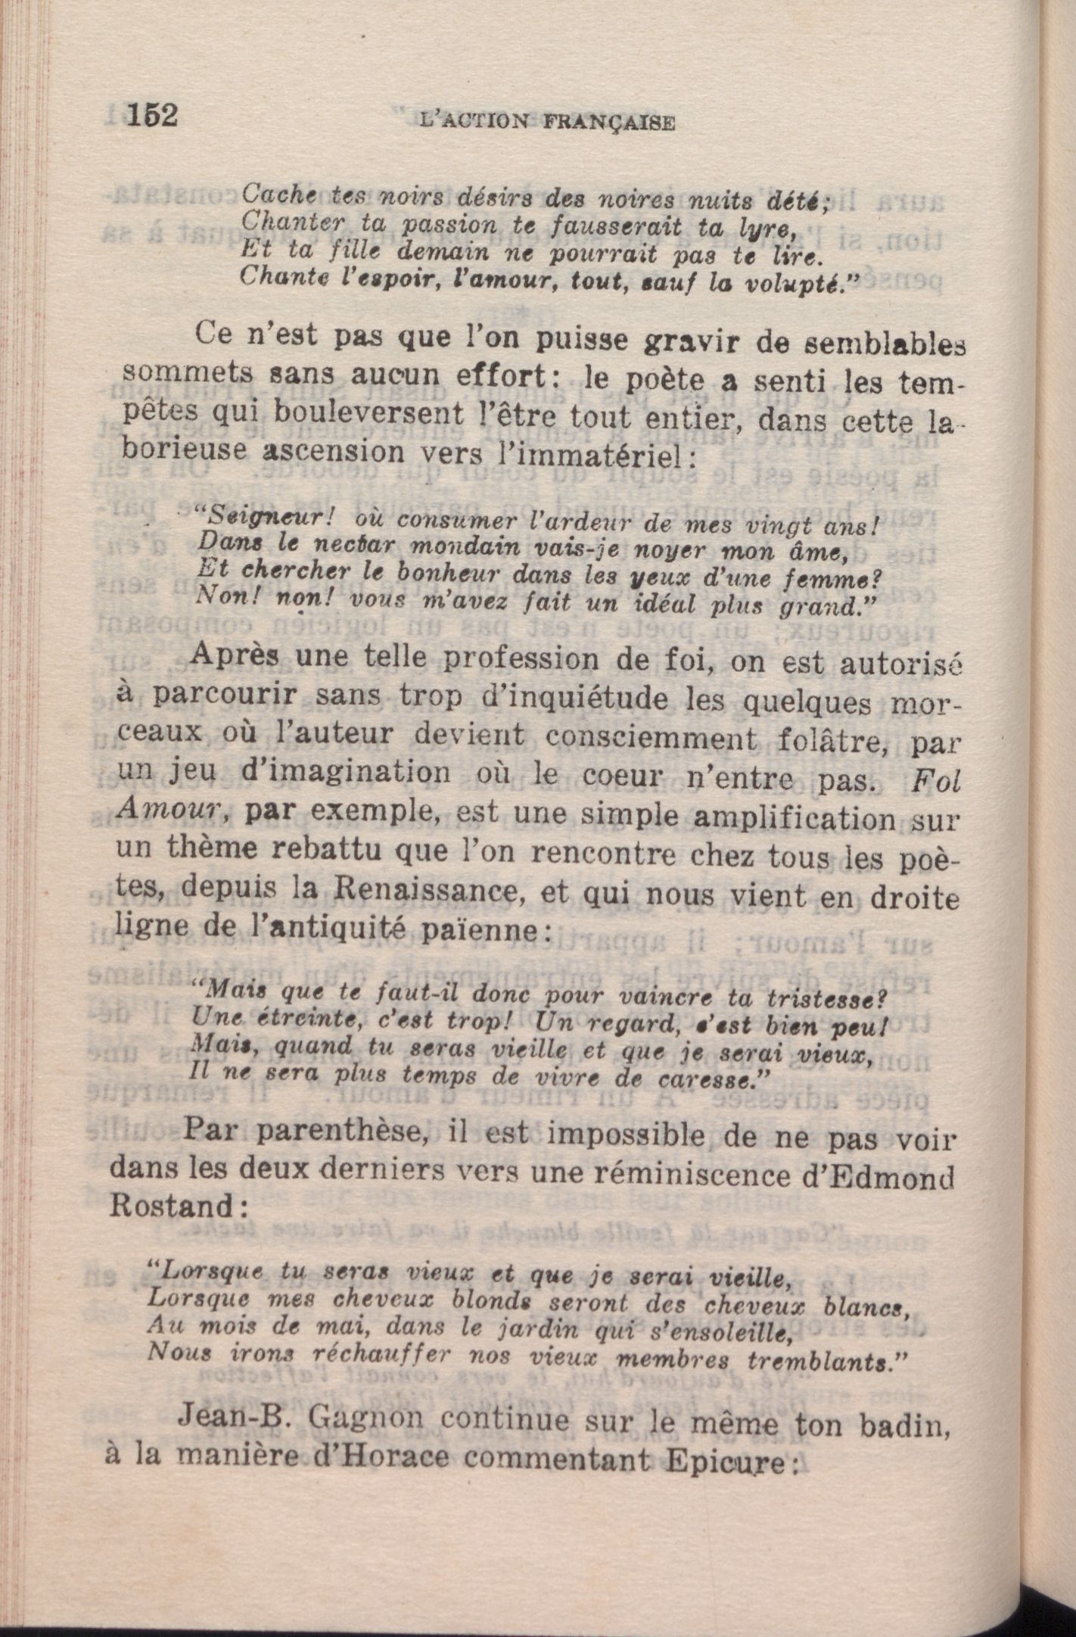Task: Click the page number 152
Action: (x=152, y=117)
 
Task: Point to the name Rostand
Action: (x=170, y=1206)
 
